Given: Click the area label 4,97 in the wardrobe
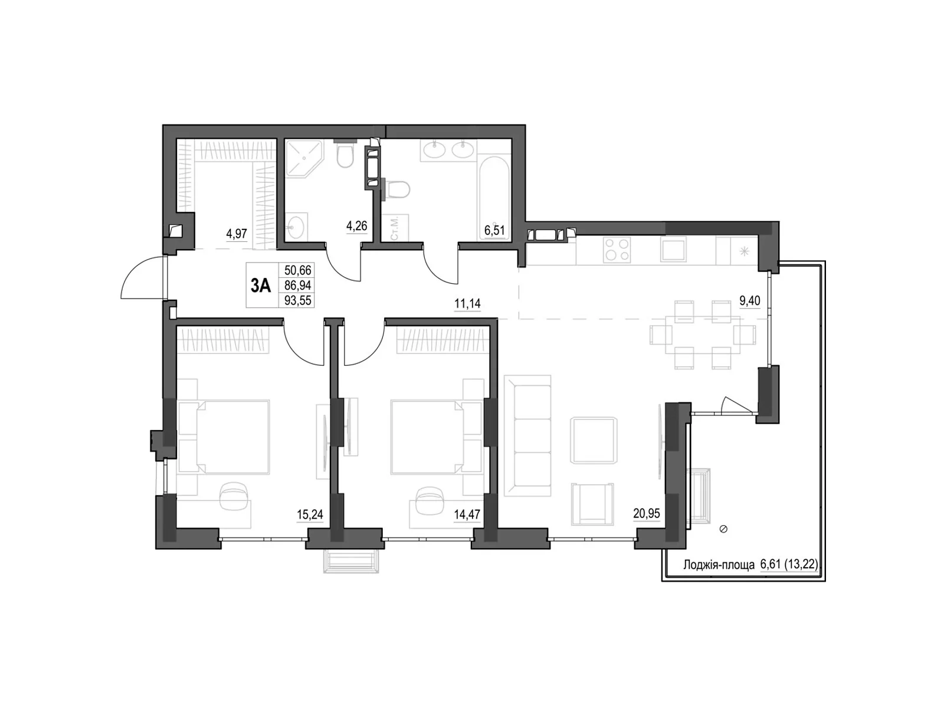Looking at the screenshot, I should pyautogui.click(x=237, y=234).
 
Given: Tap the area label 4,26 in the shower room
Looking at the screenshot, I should pyautogui.click(x=356, y=226).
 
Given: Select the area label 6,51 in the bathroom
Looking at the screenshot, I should pyautogui.click(x=494, y=230).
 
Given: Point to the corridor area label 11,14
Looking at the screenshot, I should pyautogui.click(x=467, y=304).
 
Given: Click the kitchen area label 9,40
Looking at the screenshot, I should pyautogui.click(x=749, y=301).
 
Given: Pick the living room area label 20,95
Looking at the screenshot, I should pyautogui.click(x=646, y=513).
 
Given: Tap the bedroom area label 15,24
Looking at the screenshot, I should pyautogui.click(x=310, y=514).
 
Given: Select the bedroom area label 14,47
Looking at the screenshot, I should pyautogui.click(x=467, y=514).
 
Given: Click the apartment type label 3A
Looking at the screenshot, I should pyautogui.click(x=261, y=286).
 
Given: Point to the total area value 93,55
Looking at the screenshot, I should pyautogui.click(x=299, y=300).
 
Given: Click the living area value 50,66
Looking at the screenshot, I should pyautogui.click(x=299, y=270).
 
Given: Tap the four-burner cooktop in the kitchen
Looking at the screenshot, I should pyautogui.click(x=617, y=250).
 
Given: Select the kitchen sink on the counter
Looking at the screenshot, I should pyautogui.click(x=673, y=249).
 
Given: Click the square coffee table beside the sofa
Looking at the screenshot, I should pyautogui.click(x=594, y=440).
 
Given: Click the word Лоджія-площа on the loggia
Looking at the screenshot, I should pyautogui.click(x=719, y=565).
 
